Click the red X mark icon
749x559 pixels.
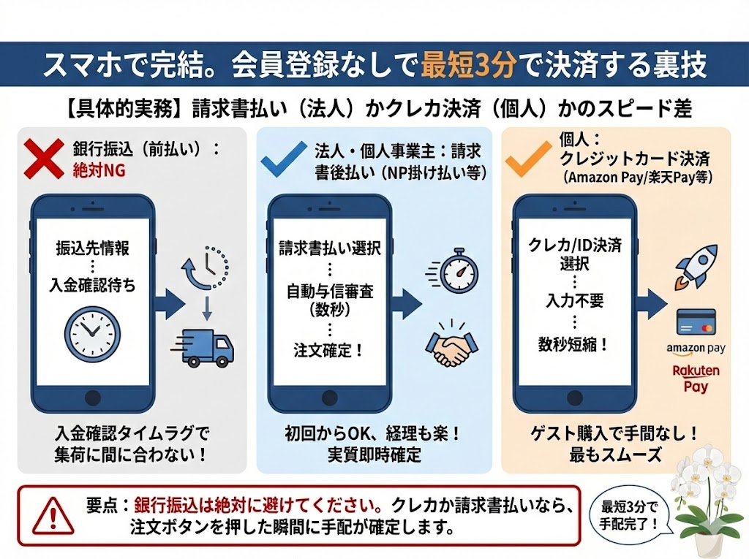tap(43, 159)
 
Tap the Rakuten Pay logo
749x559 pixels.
tap(696, 378)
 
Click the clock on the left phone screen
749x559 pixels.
tap(91, 333)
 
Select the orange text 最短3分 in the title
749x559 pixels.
tap(468, 65)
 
